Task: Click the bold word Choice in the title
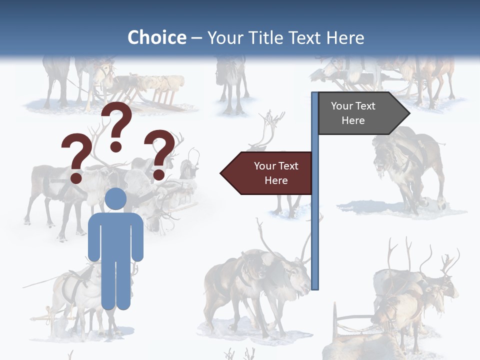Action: [x=156, y=37]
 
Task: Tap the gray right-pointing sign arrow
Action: [x=362, y=113]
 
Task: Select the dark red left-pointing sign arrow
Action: [x=267, y=173]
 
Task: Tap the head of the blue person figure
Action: [x=115, y=198]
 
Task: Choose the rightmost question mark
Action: [x=159, y=152]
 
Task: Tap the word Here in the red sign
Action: [x=276, y=180]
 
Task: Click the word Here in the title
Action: [x=345, y=37]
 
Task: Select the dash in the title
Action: [x=196, y=38]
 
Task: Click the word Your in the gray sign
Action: [x=341, y=106]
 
